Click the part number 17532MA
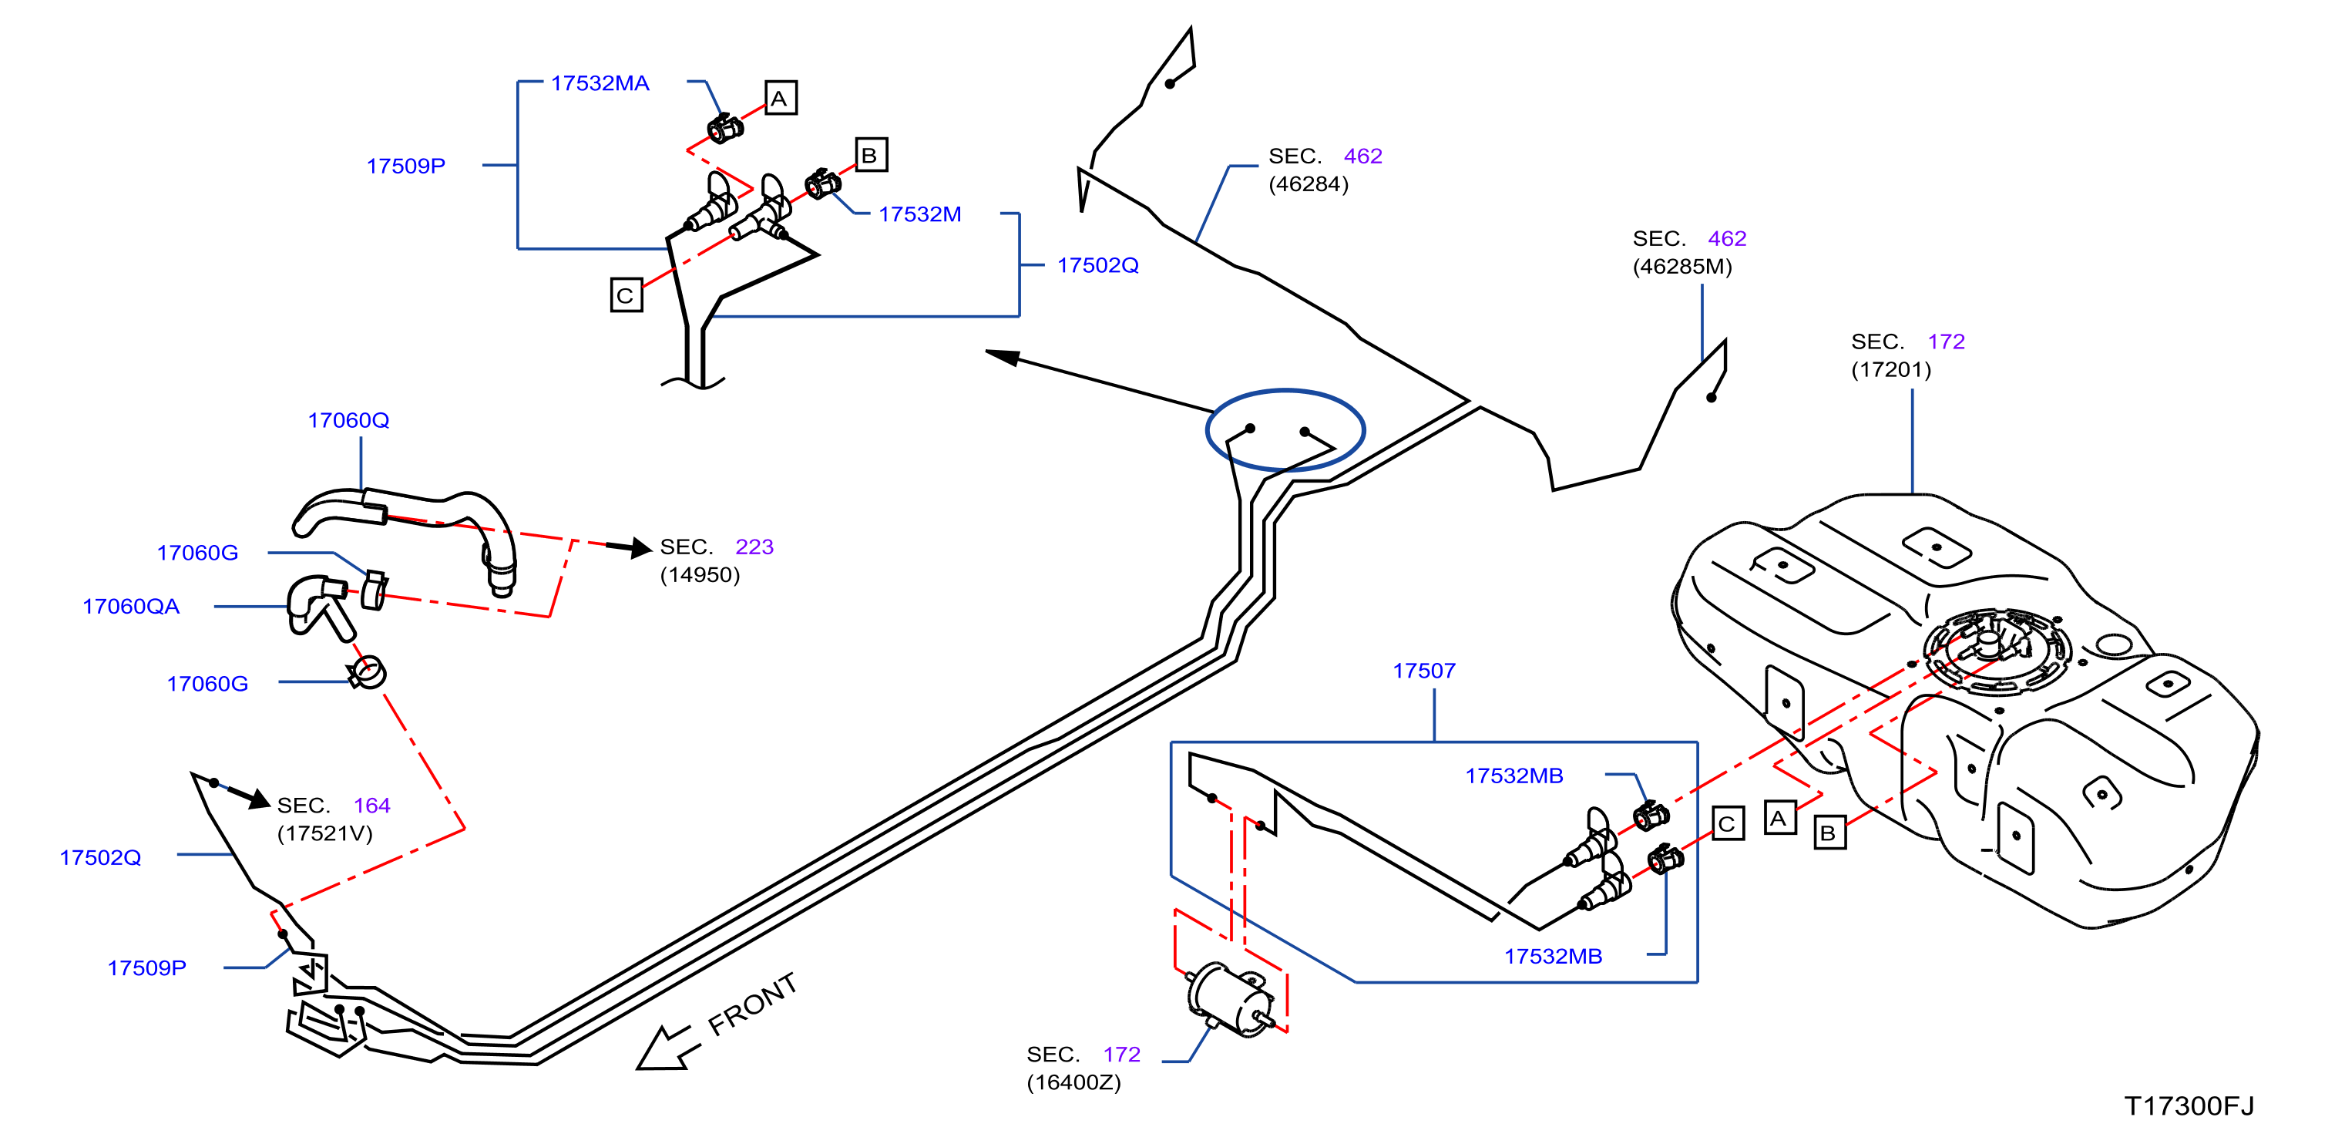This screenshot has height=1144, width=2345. [x=600, y=83]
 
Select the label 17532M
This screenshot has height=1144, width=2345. [x=919, y=214]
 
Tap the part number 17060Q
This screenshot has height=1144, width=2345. [x=348, y=420]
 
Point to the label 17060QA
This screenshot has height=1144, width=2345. [x=131, y=606]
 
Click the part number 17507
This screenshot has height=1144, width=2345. [x=1424, y=671]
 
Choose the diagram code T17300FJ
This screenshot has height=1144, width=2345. [x=2189, y=1105]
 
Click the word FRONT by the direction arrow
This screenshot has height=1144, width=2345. [x=753, y=1004]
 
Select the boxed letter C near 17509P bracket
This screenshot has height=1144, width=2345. [x=627, y=295]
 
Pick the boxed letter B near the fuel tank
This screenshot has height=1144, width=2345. [x=1829, y=833]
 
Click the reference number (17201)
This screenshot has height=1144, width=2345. [x=1891, y=370]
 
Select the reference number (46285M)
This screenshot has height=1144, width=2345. [x=1682, y=267]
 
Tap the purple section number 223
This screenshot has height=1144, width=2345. [x=754, y=547]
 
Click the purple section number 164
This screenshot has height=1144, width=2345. [x=371, y=805]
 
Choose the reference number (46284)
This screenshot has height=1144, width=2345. [x=1309, y=184]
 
